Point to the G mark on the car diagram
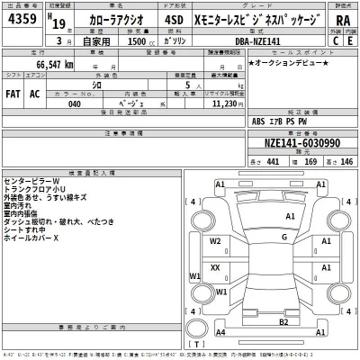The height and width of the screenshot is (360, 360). pos(283,238)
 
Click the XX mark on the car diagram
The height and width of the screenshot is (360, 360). pos(215,267)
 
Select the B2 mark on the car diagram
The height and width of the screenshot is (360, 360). pos(283,321)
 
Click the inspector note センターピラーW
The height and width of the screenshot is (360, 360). pos(36,181)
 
